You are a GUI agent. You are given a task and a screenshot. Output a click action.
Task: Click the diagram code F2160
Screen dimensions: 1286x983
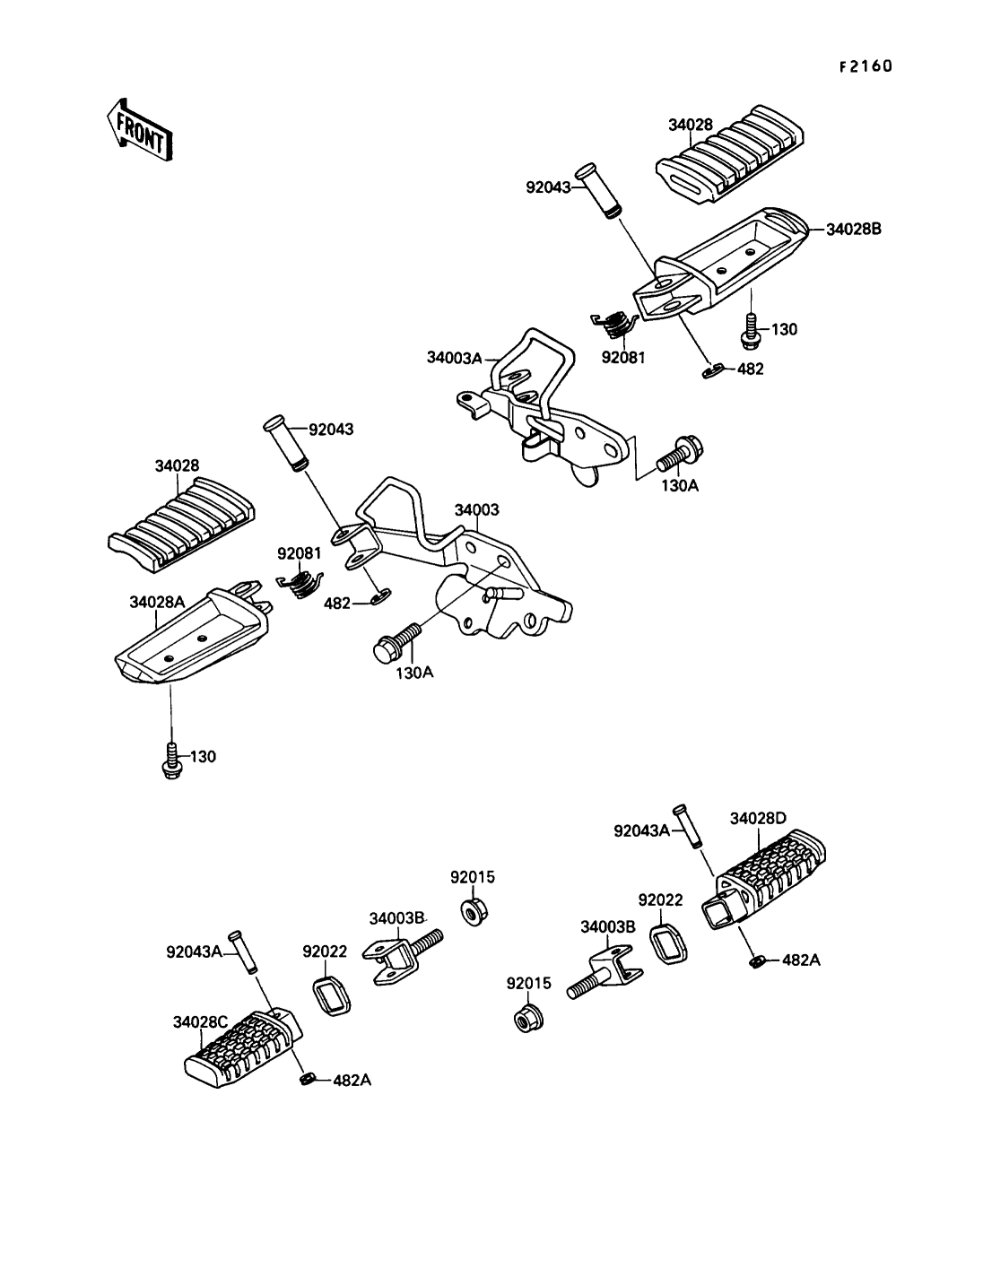pos(866,66)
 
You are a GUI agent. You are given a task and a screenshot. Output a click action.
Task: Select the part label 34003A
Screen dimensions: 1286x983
pos(455,358)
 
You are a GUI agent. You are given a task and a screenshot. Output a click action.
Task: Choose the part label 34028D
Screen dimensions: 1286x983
pos(758,818)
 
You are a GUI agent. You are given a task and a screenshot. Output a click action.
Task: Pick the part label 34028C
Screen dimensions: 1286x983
pos(202,1021)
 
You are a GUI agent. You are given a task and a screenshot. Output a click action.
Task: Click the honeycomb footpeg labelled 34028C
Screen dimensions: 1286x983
pos(240,1046)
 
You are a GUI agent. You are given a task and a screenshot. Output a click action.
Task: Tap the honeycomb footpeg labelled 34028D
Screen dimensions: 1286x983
pos(771,868)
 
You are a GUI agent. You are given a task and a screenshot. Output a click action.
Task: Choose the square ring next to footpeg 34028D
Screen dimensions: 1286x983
pos(669,944)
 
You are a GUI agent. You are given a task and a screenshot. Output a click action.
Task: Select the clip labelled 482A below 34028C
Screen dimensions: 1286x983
pos(307,1078)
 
